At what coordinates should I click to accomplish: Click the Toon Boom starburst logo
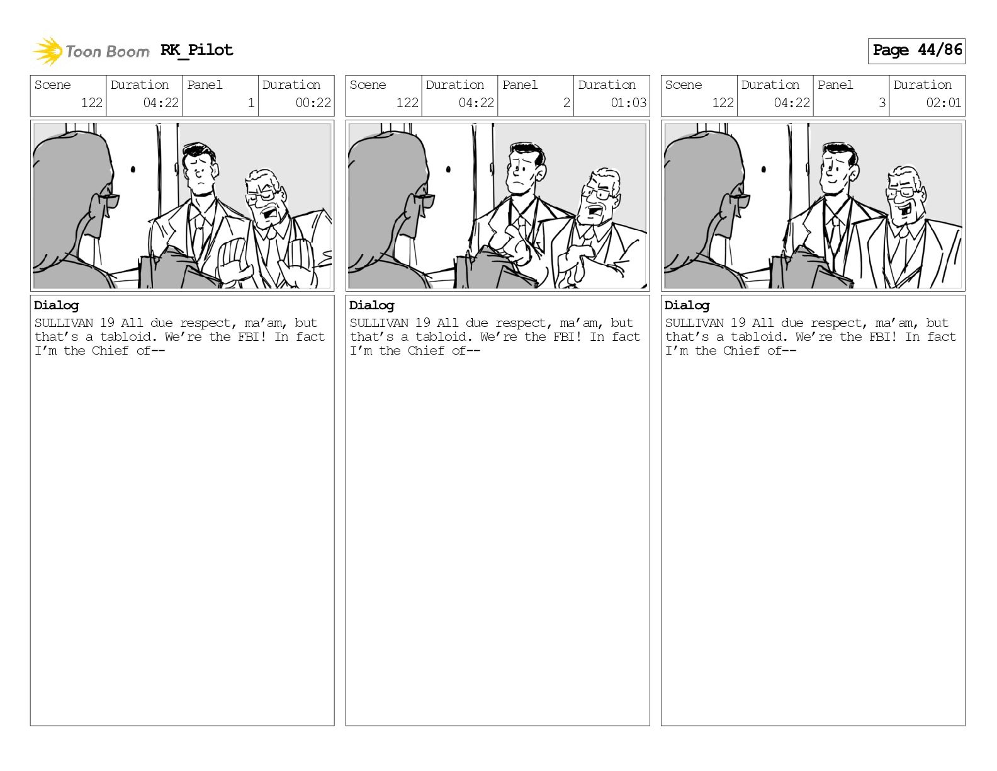(48, 51)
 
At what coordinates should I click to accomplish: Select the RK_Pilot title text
(197, 50)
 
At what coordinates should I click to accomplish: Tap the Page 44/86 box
(916, 51)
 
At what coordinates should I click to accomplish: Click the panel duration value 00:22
(313, 103)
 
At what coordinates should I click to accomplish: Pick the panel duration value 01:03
(629, 103)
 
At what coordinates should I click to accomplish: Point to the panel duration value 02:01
(943, 103)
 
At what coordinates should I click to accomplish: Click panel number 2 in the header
(566, 103)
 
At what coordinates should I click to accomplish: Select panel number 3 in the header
(882, 103)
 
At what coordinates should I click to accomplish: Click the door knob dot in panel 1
(133, 169)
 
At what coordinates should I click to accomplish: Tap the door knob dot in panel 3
(763, 169)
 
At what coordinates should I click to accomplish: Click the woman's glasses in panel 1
(108, 199)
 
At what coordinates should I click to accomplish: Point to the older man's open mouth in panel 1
(269, 214)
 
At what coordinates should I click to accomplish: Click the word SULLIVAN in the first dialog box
(64, 323)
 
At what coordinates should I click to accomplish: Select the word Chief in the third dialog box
(741, 351)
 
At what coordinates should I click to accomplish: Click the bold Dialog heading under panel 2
(371, 306)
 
